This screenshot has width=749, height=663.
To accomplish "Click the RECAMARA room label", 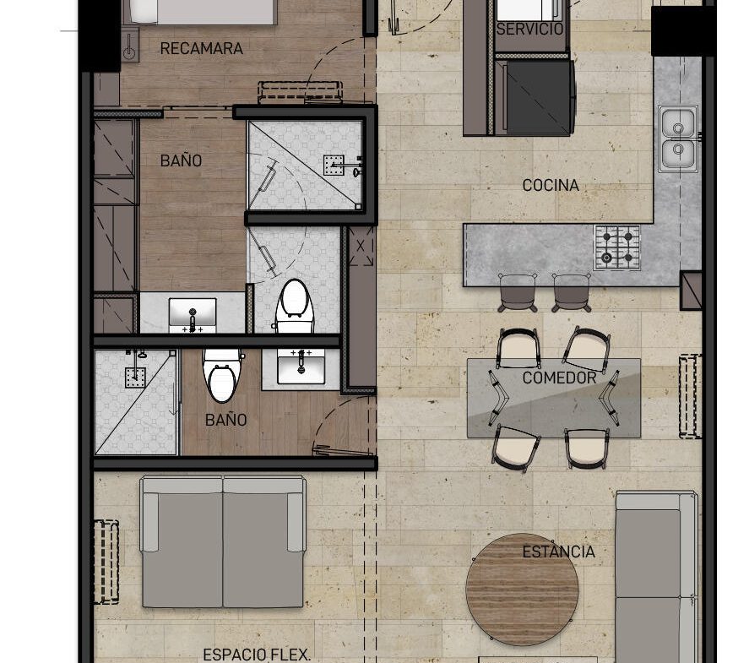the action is point(201,48).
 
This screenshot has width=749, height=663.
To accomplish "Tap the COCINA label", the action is point(551,185).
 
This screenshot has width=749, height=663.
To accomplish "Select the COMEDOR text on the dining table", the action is point(559,378).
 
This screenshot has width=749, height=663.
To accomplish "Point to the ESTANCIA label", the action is point(558,552).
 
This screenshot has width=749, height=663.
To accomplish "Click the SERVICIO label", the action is point(529,29).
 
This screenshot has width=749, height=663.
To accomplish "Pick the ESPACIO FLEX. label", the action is point(257,655).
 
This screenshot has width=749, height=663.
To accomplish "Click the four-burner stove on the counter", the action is point(617,248).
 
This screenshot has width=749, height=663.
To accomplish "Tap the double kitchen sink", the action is point(678,139).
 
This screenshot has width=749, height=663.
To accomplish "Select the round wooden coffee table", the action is point(522,590).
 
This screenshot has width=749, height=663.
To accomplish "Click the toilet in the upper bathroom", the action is point(294,307).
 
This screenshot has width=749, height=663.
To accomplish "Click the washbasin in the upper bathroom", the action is point(193,315).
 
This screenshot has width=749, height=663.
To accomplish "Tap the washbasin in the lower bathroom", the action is point(301,366).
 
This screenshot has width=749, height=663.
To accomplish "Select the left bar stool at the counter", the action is point(518,292).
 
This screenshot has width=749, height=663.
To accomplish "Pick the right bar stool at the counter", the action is point(572,292).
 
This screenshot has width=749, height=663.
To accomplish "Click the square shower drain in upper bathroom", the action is point(334,166).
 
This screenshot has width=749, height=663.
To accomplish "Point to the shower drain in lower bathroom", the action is point(135,378).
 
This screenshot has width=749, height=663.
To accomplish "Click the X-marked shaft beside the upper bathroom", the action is point(361,246).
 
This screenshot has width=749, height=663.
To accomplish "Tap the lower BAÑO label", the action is point(226,421).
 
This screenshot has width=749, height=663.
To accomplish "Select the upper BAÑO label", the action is point(181,161).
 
